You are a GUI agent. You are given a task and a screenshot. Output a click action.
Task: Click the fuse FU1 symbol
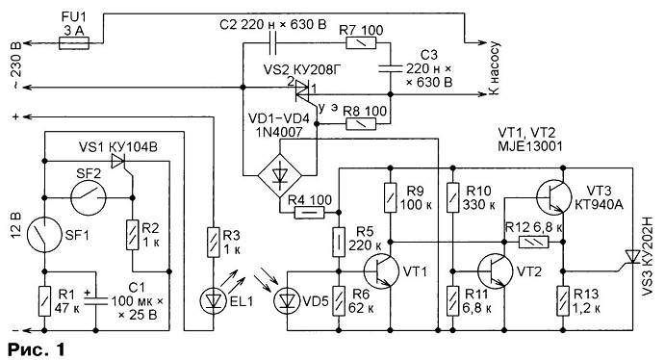(74, 42)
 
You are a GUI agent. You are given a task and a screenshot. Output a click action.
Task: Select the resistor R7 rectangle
(361, 42)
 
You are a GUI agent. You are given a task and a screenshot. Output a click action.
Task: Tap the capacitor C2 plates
(273, 42)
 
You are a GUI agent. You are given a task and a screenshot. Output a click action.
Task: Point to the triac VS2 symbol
(302, 90)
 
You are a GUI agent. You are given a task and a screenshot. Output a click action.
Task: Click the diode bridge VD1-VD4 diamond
(279, 174)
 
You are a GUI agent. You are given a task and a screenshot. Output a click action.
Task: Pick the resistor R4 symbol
(310, 212)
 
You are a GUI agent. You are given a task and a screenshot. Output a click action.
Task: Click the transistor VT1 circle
(381, 271)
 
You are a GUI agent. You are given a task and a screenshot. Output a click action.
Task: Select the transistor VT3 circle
(554, 196)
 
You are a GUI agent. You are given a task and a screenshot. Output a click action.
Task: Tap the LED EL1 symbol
(213, 300)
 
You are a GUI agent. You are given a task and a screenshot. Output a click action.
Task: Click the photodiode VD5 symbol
(287, 300)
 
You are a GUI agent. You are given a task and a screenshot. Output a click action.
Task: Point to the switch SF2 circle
(89, 198)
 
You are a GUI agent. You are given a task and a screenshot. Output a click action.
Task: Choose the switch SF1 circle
(44, 235)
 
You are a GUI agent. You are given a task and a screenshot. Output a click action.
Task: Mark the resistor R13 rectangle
(563, 300)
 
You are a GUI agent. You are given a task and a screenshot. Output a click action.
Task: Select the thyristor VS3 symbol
(633, 257)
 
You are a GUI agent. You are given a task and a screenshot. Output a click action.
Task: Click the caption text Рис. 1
(37, 349)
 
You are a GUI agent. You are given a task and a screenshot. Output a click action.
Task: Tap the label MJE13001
(530, 146)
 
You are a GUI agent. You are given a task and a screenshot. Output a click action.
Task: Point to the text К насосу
(494, 67)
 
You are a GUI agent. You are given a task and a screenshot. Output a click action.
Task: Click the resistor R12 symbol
(534, 243)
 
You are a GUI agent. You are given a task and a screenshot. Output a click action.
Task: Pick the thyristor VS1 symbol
(118, 162)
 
